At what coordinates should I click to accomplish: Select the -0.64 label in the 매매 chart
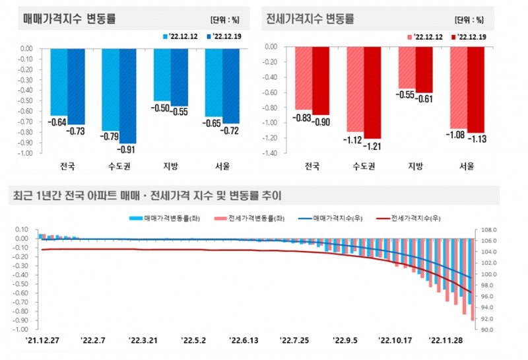pyautogui.click(x=59, y=122)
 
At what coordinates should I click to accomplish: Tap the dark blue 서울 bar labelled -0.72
pyautogui.click(x=230, y=85)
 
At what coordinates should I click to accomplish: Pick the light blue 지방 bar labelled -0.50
pyautogui.click(x=162, y=74)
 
